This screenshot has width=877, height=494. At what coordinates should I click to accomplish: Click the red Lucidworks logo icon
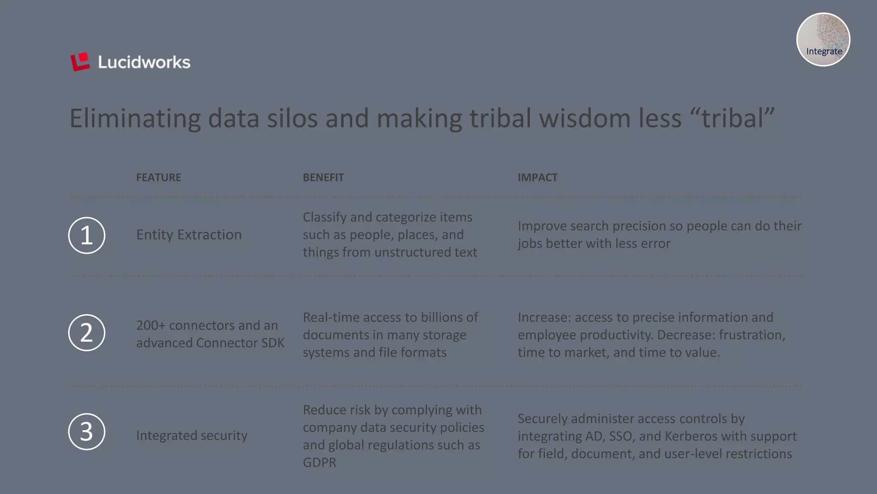pos(80,62)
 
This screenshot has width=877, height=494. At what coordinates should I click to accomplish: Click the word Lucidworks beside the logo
pos(144,63)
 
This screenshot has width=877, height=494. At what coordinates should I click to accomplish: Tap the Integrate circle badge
pos(823,40)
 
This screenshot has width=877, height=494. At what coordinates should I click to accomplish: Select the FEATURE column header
pos(158,177)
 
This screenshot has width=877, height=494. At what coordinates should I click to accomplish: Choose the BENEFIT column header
pos(323,177)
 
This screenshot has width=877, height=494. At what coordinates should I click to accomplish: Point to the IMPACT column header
pos(537,177)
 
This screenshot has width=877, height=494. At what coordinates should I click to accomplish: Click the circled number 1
pos(87,235)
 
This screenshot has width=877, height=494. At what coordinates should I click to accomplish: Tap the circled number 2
pos(87,332)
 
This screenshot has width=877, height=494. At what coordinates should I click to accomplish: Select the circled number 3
pos(87,431)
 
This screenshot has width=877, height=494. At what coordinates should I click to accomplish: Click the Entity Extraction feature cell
pos(189,235)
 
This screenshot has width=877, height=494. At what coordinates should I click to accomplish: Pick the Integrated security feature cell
pos(192,435)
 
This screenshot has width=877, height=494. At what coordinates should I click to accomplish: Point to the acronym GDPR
pos(319,463)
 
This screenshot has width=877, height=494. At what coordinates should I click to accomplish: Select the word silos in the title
pos(292,118)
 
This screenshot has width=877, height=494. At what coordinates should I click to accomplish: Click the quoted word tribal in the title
pos(732,118)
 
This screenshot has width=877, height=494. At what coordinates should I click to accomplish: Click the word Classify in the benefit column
pos(324,217)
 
